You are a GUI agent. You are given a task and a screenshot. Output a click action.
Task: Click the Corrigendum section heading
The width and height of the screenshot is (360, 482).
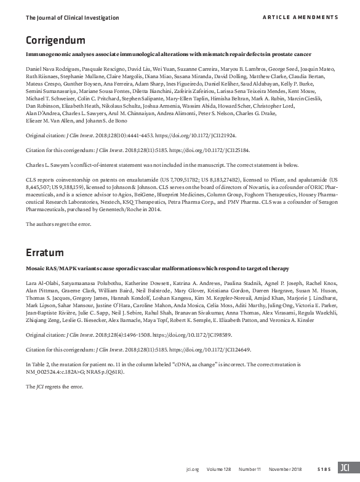55,41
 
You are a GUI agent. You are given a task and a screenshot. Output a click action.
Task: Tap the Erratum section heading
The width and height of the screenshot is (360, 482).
45,252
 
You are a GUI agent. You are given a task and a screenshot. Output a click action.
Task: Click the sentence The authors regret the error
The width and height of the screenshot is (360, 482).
57,223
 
